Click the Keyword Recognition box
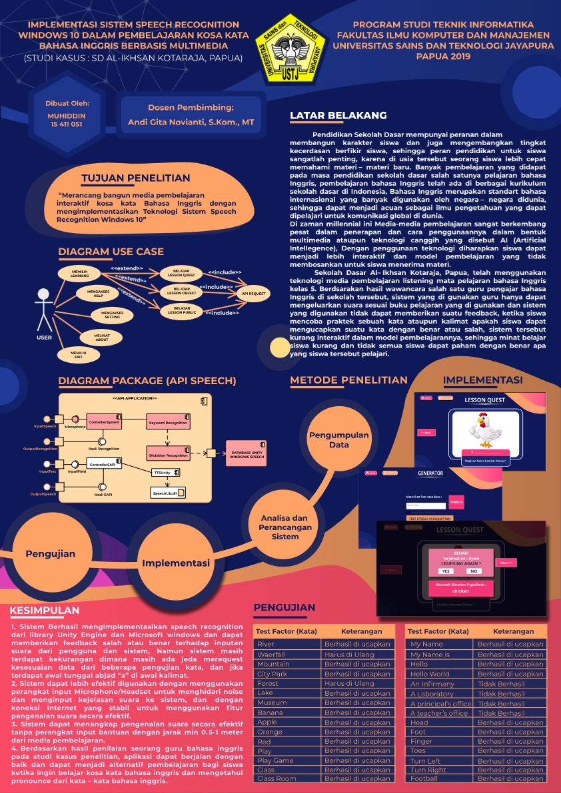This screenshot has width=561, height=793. [168, 422]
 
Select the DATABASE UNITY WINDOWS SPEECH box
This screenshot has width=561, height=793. [247, 453]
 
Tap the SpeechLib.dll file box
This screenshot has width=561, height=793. [169, 493]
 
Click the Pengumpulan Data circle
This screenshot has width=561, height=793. [338, 440]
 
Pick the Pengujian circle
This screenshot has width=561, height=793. [51, 553]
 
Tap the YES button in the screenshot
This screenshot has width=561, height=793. [446, 571]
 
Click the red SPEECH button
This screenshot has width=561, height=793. [456, 502]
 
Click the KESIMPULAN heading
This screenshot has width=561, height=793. [45, 611]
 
